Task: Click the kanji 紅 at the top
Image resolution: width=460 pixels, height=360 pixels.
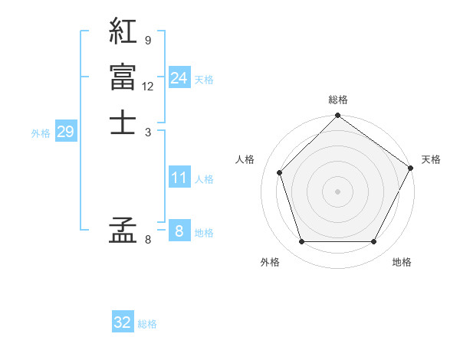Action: click(x=123, y=31)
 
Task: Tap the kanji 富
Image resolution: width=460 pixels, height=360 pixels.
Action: click(x=123, y=77)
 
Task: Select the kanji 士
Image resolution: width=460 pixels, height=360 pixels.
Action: click(x=123, y=122)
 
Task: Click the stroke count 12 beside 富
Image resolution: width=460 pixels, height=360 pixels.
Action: click(x=148, y=86)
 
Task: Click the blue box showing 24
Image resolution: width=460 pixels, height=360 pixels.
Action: click(x=179, y=78)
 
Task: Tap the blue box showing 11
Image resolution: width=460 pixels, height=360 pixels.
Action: click(x=179, y=178)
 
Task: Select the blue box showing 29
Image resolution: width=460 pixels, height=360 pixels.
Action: click(x=65, y=132)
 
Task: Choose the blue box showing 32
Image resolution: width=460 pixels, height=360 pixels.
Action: click(x=123, y=322)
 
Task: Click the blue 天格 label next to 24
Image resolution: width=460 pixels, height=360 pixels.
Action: click(x=204, y=80)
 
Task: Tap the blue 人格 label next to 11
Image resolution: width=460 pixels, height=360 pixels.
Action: click(x=204, y=179)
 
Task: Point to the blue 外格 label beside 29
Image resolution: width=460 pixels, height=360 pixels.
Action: click(x=41, y=133)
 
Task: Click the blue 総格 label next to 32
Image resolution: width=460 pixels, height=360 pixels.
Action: click(x=147, y=324)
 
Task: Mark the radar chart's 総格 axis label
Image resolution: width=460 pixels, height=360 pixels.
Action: click(x=337, y=100)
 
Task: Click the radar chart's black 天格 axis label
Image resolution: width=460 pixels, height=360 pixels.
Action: click(x=431, y=159)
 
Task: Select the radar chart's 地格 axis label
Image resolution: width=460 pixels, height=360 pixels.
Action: click(x=402, y=263)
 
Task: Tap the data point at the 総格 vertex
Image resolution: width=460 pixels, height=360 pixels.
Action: click(x=337, y=116)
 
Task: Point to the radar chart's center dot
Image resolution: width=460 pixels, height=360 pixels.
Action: click(x=337, y=191)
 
